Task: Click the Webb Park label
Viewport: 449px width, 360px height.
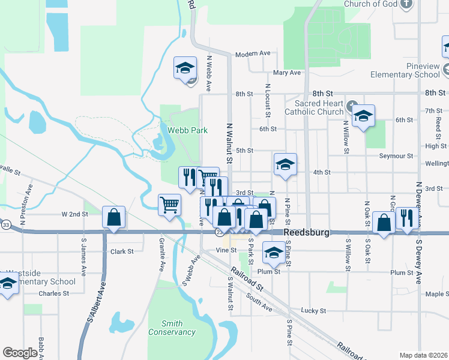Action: coord(183,130)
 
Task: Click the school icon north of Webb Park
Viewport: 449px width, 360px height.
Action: coord(185,68)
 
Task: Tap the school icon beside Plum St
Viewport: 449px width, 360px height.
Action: coord(274,253)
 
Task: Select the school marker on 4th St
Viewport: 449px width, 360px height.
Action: coord(286,164)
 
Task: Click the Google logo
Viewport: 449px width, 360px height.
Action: coord(20,353)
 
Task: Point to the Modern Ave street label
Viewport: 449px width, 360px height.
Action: coord(253,53)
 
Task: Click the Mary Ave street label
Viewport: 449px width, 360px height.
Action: coord(286,73)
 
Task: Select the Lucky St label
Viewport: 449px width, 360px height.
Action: coord(313,311)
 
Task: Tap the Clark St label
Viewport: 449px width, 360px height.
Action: coord(122,251)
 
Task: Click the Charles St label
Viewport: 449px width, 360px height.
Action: coord(50,293)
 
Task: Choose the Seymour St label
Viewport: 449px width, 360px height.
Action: coord(396,156)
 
